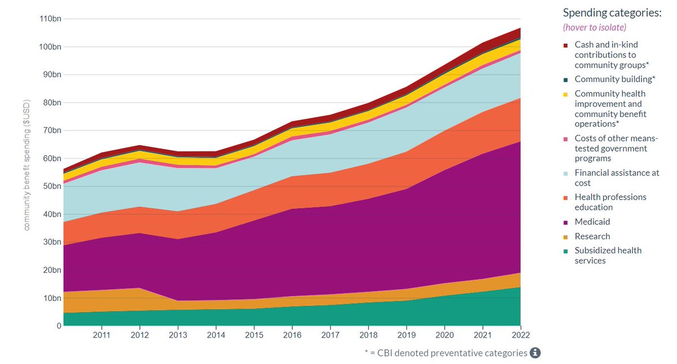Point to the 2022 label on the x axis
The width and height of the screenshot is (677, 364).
520,335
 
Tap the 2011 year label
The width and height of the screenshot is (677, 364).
102,335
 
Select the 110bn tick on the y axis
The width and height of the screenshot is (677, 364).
50,19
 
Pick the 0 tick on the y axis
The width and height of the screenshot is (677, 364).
59,326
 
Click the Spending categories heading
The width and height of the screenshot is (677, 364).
612,12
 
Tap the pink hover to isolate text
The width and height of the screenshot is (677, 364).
595,27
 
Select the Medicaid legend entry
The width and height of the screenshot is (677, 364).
592,222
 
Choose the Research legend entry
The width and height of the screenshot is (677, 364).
592,236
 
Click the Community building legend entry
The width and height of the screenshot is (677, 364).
614,79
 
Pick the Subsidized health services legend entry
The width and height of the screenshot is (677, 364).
608,255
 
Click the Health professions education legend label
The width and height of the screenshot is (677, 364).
610,202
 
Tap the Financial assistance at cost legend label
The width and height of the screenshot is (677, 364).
617,178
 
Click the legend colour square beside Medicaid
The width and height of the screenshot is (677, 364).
565,222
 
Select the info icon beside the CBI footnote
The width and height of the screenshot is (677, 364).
535,353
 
